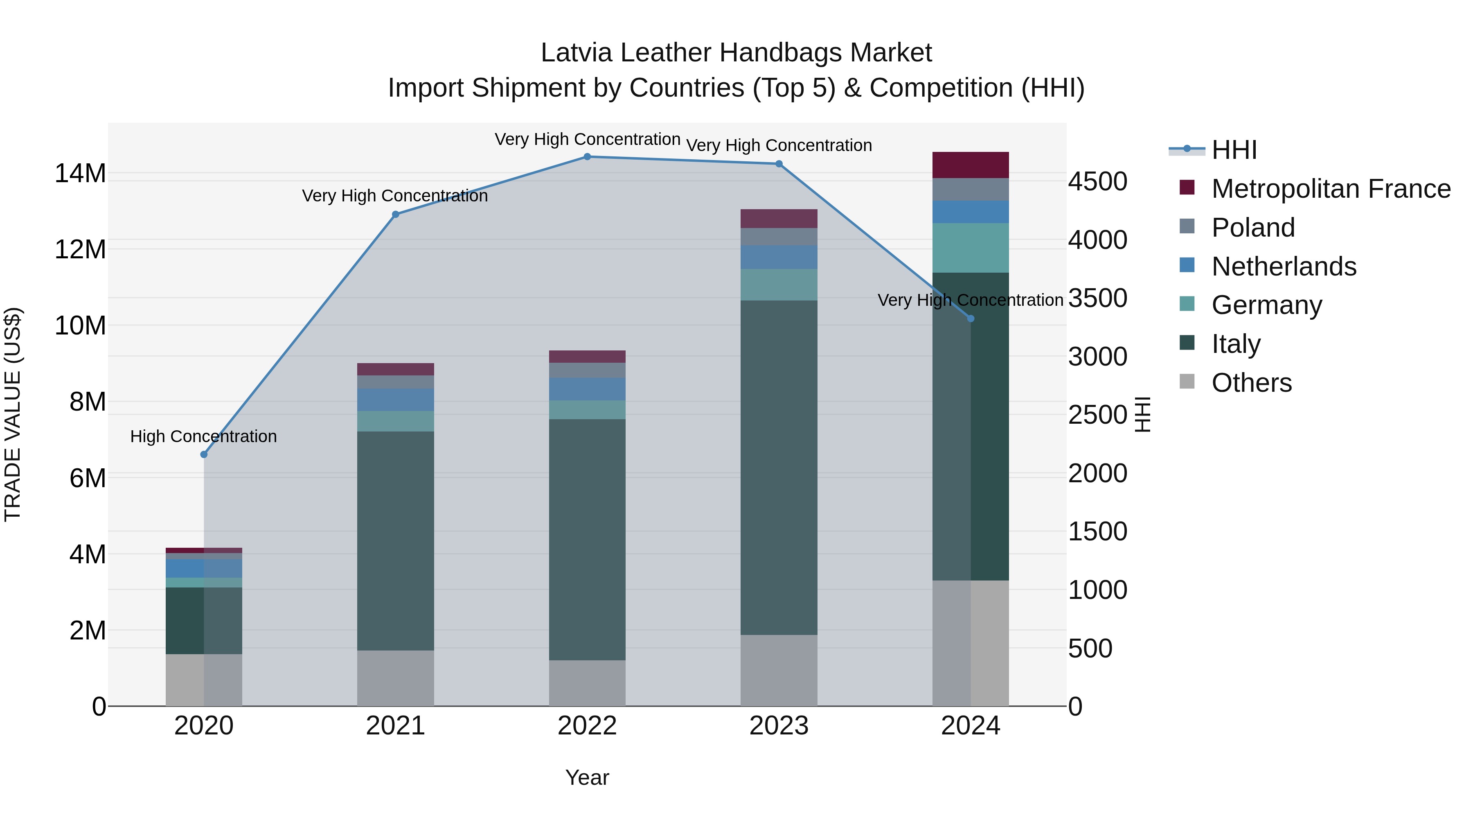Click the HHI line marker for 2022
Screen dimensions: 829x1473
587,156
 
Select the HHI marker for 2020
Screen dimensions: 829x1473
204,454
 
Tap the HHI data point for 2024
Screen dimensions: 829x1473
971,318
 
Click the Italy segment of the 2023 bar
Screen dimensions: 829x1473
779,468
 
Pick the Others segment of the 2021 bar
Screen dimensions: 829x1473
395,678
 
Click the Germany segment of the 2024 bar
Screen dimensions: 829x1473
971,248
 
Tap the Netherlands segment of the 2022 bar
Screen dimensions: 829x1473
587,389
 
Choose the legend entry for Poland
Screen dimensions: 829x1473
1253,228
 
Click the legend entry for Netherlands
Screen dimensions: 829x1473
1283,267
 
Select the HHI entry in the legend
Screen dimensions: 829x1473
1233,150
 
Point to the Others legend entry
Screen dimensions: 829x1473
1251,383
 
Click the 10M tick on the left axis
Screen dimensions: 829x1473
80,325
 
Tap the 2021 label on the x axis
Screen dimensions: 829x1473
395,726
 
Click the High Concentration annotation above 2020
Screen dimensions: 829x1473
204,436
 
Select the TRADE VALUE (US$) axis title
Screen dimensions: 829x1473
13,414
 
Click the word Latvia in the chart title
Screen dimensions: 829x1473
577,53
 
